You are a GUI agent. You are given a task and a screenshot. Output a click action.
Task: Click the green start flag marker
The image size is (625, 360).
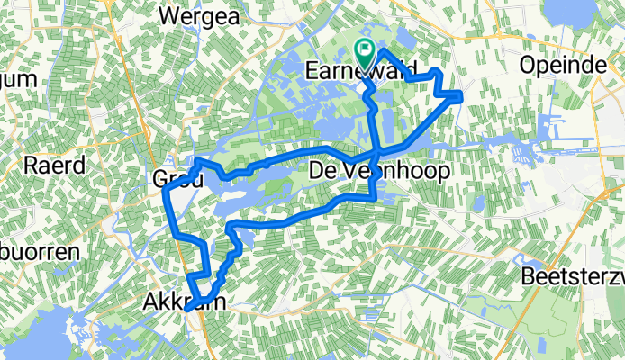[367, 53]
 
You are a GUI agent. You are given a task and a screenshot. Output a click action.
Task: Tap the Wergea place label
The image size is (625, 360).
[196, 14]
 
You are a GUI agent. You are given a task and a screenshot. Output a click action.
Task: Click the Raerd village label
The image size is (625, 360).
[56, 165]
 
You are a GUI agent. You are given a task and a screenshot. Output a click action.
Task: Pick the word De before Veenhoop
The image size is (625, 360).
[324, 170]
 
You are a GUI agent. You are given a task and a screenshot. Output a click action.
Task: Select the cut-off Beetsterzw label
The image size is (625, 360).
[573, 276]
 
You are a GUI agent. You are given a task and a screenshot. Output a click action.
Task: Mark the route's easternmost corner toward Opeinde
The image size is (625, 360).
[461, 94]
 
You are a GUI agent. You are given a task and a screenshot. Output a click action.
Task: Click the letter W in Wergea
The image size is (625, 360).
[168, 14]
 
